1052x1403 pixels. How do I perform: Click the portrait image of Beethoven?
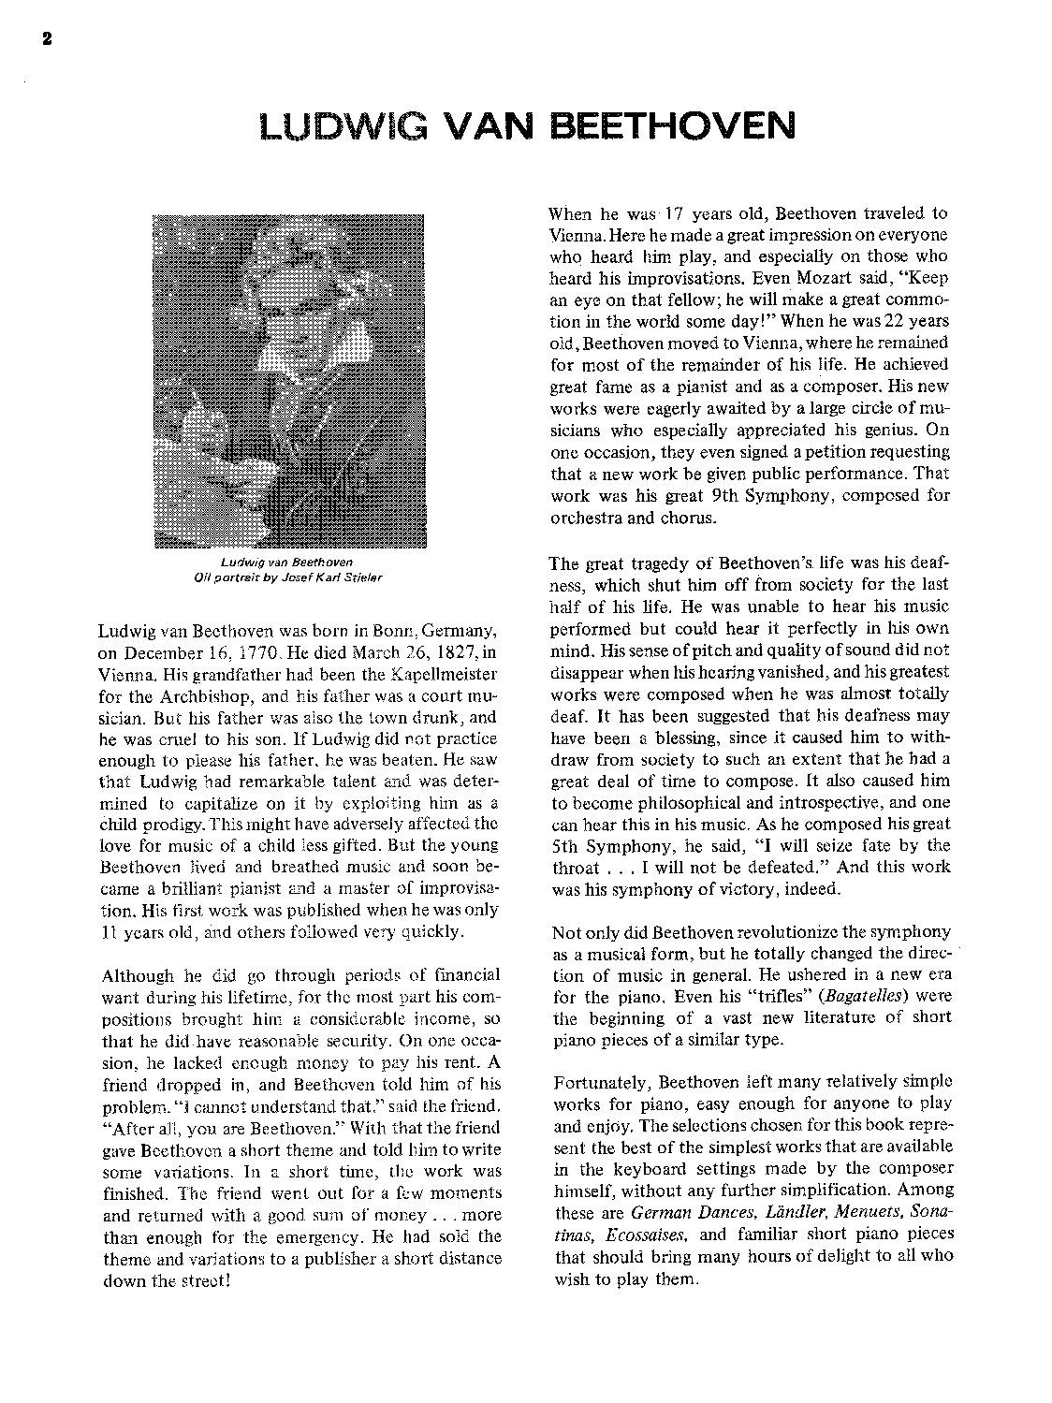288,379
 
